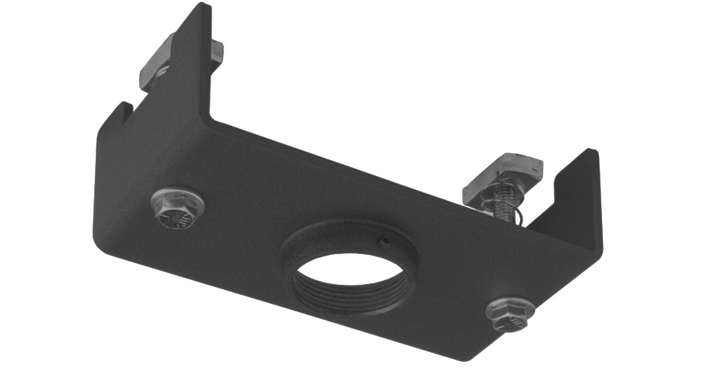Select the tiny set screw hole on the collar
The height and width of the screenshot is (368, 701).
[384, 240]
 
